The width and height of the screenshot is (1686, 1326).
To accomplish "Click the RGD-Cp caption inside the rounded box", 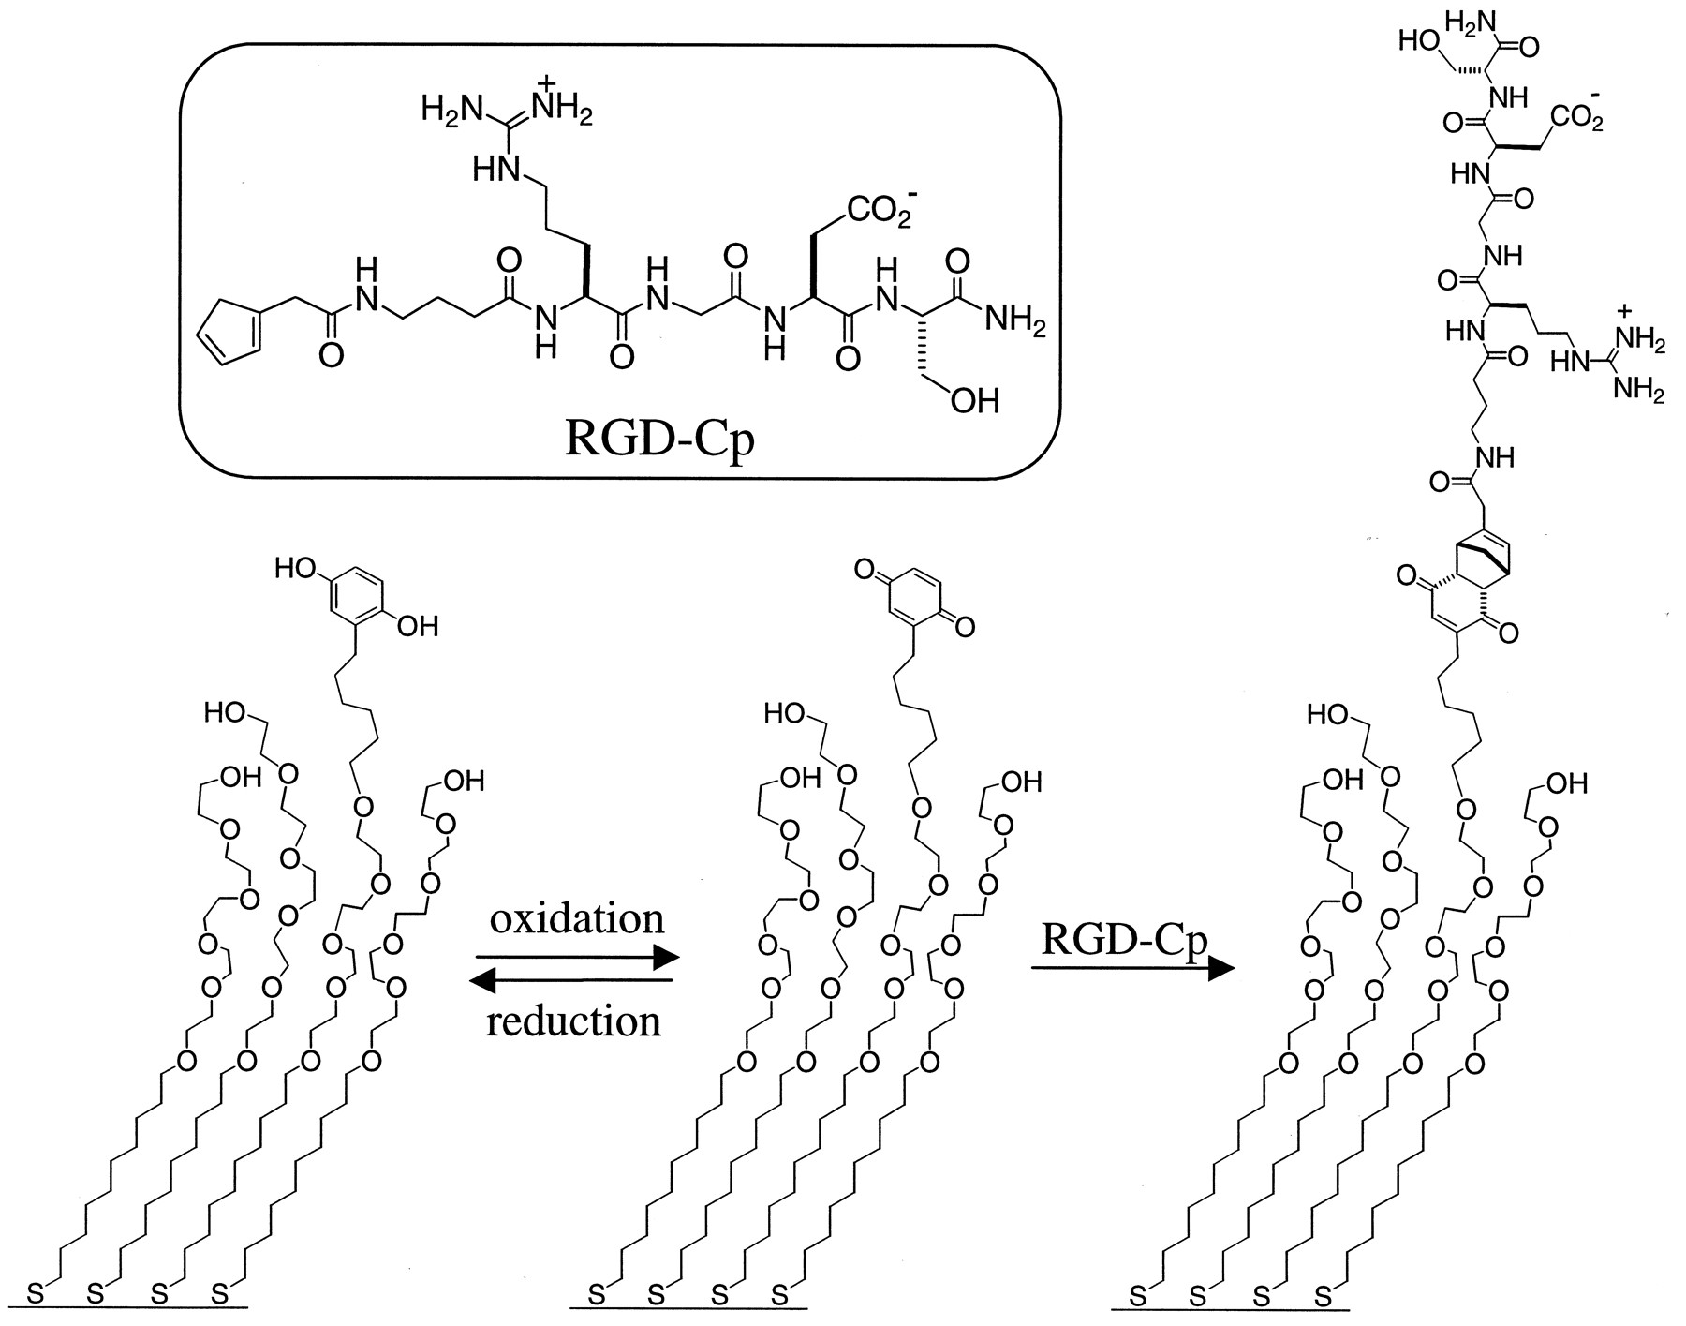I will [x=658, y=439].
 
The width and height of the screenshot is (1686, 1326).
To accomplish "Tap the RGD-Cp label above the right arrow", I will [x=1124, y=940].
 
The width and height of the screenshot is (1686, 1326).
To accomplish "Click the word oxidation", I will [x=577, y=918].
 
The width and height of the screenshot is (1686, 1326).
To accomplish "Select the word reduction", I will [x=574, y=1020].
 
